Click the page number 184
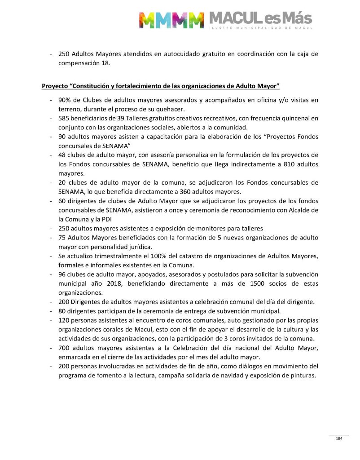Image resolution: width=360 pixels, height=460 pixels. (339, 438)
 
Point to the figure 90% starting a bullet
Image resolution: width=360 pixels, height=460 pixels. (64, 100)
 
